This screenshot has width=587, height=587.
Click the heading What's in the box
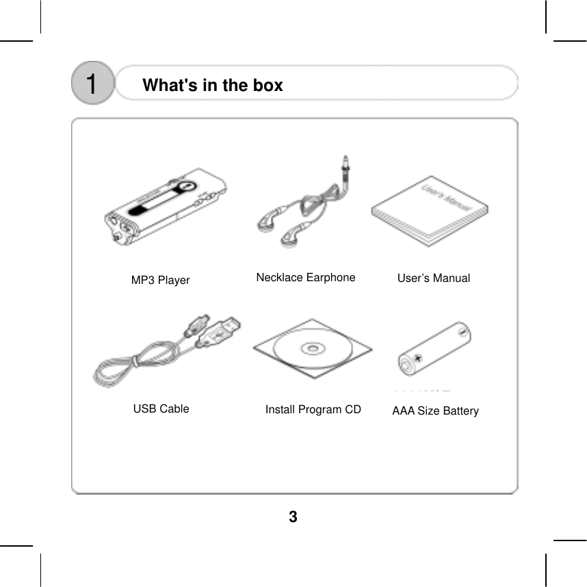click(x=212, y=86)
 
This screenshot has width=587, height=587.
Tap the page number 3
click(x=293, y=517)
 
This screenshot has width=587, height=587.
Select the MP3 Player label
click(x=160, y=281)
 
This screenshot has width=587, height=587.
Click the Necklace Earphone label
click(x=306, y=277)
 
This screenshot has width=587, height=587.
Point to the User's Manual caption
click(x=434, y=278)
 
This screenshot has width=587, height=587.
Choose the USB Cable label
click(x=161, y=408)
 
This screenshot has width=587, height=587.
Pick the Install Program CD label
click(x=313, y=409)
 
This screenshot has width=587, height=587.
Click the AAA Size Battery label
click(x=435, y=410)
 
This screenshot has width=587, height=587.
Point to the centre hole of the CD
click(x=313, y=349)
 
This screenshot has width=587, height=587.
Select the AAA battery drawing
click(x=436, y=349)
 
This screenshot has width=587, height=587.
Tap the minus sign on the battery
click(x=462, y=333)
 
